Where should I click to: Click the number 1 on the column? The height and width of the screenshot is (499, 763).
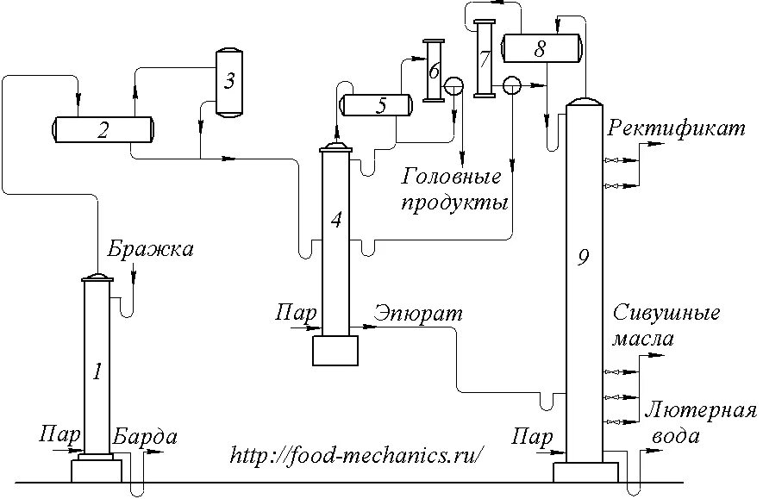point(97,372)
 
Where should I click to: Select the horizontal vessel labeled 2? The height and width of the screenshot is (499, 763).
point(103,130)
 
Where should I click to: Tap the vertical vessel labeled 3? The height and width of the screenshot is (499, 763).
point(228,81)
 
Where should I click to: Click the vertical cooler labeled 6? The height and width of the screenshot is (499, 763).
point(433,71)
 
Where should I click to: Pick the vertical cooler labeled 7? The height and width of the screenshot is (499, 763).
point(485,59)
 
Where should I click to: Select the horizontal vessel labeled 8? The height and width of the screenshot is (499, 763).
point(540,48)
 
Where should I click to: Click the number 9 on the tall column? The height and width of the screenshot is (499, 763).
point(584,256)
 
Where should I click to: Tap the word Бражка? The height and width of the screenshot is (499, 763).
point(152,250)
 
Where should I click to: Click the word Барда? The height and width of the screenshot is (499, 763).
point(145,436)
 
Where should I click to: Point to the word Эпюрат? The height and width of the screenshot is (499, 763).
point(418,314)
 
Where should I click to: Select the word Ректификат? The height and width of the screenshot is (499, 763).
point(676,129)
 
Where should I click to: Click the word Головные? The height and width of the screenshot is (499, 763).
point(452,178)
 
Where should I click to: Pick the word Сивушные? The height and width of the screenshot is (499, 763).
point(666,312)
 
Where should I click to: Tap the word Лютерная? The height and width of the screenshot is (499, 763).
point(699,409)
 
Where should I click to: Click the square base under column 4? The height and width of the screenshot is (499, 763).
point(335,351)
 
